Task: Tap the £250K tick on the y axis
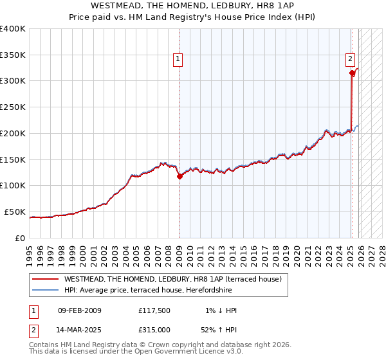pyautogui.click(x=13, y=107)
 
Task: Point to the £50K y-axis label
pyautogui.click(x=15, y=212)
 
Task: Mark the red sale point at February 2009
pyautogui.click(x=179, y=177)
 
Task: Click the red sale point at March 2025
pyautogui.click(x=352, y=73)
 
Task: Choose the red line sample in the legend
pyautogui.click(x=46, y=279)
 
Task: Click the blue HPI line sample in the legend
pyautogui.click(x=46, y=290)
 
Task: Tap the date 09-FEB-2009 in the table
pyautogui.click(x=79, y=310)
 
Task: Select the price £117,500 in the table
pyautogui.click(x=154, y=310)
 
